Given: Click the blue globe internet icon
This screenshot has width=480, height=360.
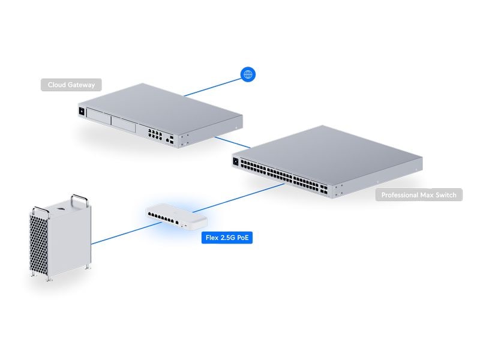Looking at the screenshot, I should pyautogui.click(x=248, y=74).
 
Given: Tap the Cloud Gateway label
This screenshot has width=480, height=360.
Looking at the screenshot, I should pyautogui.click(x=71, y=85).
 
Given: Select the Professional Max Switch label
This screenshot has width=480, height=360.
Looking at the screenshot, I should pyautogui.click(x=419, y=194).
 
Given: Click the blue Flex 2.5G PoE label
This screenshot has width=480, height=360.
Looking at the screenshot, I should pyautogui.click(x=227, y=238).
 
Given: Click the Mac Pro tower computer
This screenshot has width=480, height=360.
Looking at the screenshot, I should pyautogui.click(x=60, y=240).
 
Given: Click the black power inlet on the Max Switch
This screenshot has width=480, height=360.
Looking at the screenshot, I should pyautogui.click(x=236, y=161).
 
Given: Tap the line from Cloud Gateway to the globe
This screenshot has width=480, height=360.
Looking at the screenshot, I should pyautogui.click(x=213, y=86).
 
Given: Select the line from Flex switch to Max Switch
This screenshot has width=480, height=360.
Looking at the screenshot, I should pyautogui.click(x=246, y=199).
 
